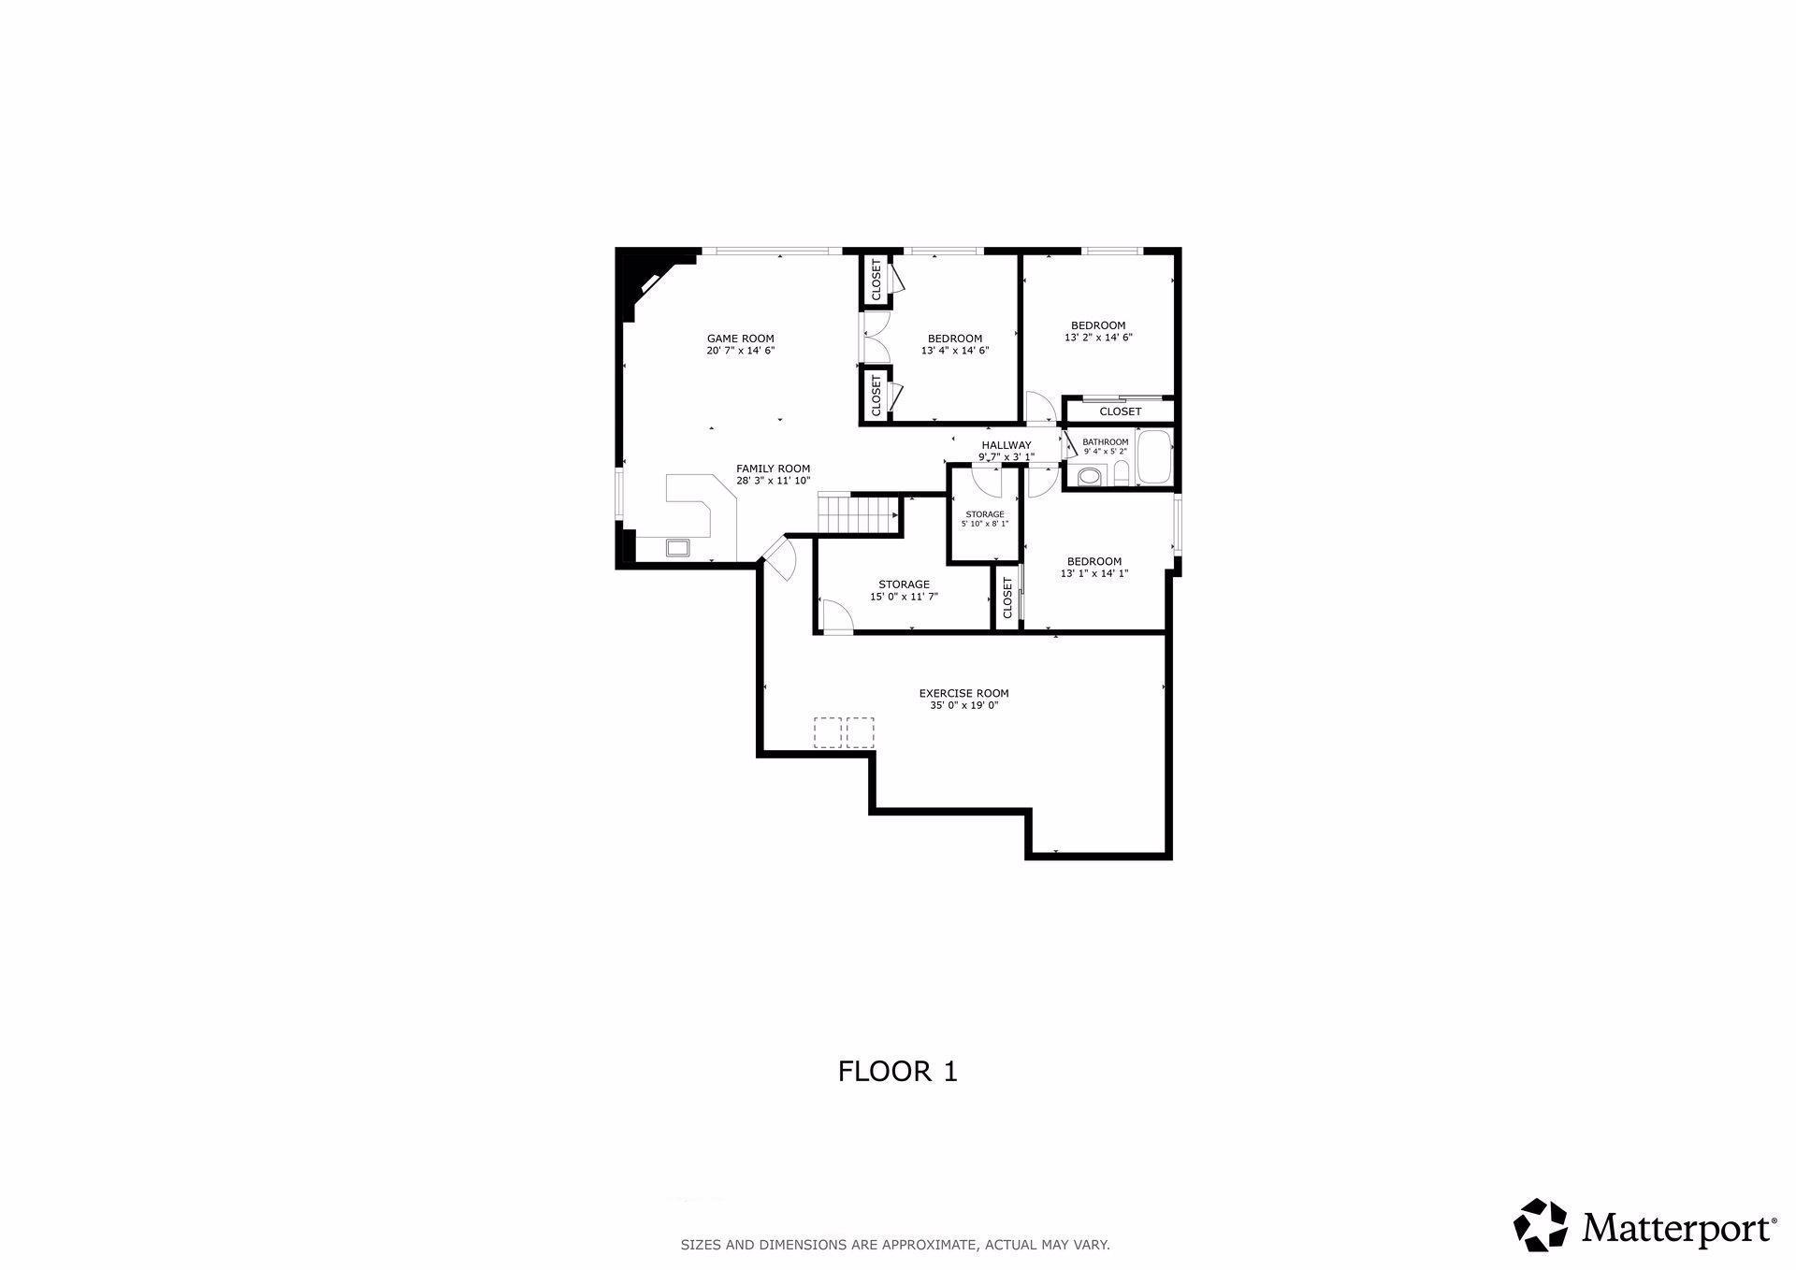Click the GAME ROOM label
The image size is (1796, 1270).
(x=740, y=339)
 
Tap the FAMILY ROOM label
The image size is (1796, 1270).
(x=773, y=469)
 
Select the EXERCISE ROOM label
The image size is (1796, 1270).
(x=963, y=693)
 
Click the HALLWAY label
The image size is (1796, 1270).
(x=1007, y=445)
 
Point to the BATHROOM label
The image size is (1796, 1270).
(x=1105, y=441)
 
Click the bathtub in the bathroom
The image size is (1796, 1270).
(x=1153, y=457)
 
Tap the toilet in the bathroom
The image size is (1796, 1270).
(x=1090, y=478)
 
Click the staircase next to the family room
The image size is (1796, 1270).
(x=858, y=513)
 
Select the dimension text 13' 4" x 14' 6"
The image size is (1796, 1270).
(x=955, y=351)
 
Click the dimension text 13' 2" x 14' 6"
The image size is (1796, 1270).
(x=1098, y=338)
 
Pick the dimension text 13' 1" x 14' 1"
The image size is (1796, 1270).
(x=1094, y=573)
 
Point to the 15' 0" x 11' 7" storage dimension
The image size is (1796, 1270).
(x=904, y=596)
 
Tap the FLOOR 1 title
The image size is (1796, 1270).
(x=898, y=1071)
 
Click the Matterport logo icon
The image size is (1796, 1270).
(x=1541, y=1224)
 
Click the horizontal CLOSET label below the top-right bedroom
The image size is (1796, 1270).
(x=1120, y=411)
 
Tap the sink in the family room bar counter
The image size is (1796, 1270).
(x=677, y=547)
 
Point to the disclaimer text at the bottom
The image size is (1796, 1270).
(x=895, y=1245)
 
